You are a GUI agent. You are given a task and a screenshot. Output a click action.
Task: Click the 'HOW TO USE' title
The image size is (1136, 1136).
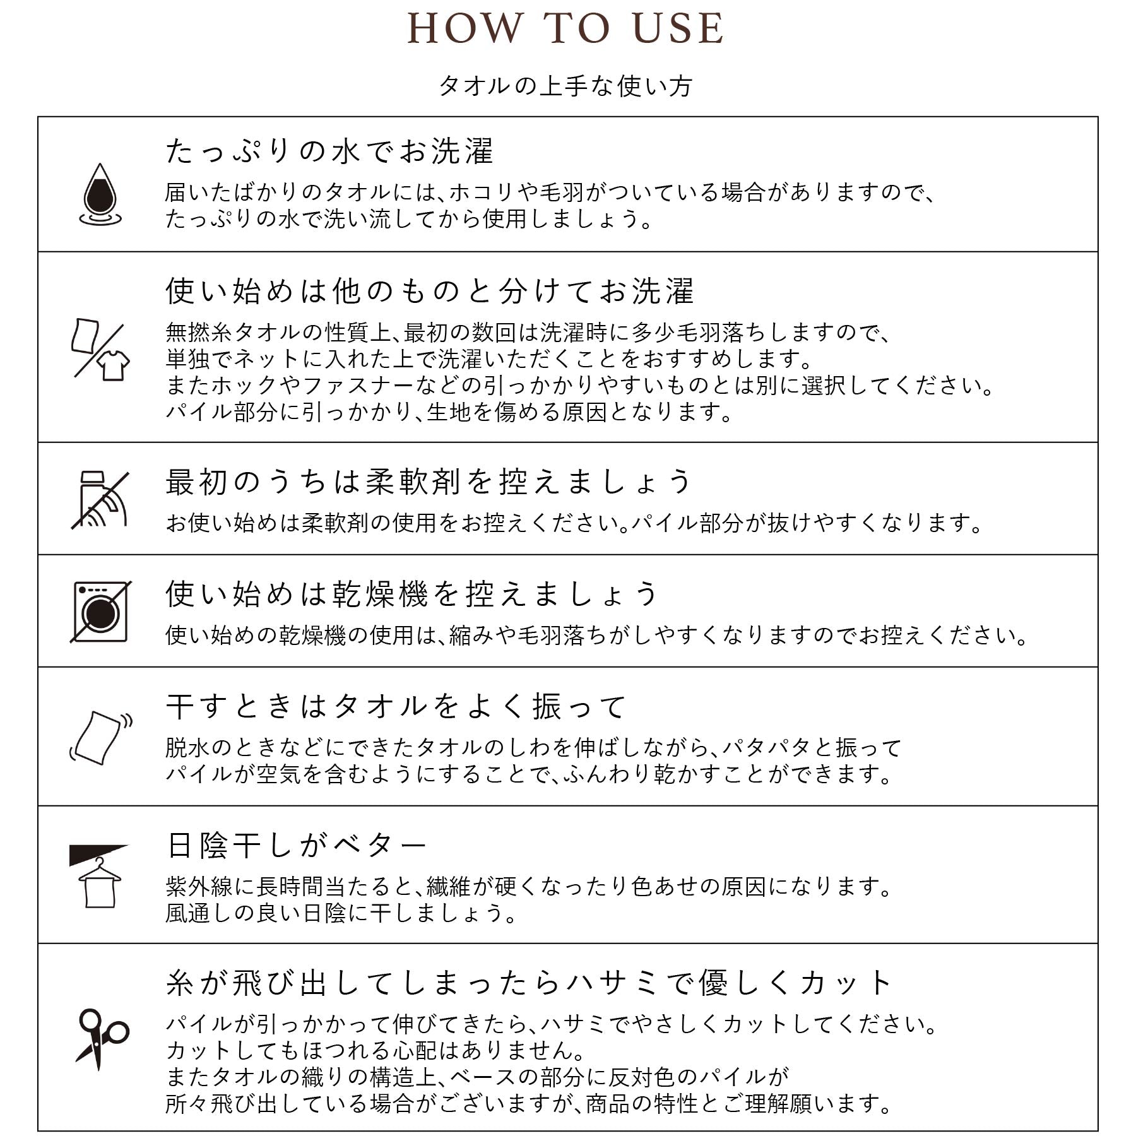[565, 29]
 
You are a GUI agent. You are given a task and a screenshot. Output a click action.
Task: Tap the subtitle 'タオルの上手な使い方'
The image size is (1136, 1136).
[565, 86]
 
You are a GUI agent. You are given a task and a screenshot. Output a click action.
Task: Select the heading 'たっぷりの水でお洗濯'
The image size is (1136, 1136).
[329, 152]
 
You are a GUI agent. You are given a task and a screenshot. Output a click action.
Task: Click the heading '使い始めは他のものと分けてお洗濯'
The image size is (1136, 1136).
[430, 291]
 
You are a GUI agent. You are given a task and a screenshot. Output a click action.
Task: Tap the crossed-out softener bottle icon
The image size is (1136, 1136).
[100, 499]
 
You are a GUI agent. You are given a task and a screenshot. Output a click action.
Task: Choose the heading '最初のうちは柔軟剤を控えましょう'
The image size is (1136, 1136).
[429, 482]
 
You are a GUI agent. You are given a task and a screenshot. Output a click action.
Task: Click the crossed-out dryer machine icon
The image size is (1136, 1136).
[100, 612]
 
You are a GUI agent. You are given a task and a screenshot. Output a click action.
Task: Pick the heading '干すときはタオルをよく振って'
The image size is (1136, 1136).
[396, 706]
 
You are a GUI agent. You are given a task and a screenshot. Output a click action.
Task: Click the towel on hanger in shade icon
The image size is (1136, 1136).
[100, 875]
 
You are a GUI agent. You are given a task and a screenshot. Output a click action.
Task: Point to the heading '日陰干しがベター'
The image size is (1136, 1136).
[297, 845]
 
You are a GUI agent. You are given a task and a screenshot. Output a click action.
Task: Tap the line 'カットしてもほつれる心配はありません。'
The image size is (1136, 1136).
[376, 1050]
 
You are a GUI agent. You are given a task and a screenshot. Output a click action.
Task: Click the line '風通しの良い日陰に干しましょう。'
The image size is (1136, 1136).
[341, 913]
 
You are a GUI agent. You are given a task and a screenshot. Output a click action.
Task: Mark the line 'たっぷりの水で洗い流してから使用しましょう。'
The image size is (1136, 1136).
[409, 219]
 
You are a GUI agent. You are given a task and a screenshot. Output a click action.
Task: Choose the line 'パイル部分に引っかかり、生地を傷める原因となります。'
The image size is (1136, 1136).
[449, 412]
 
